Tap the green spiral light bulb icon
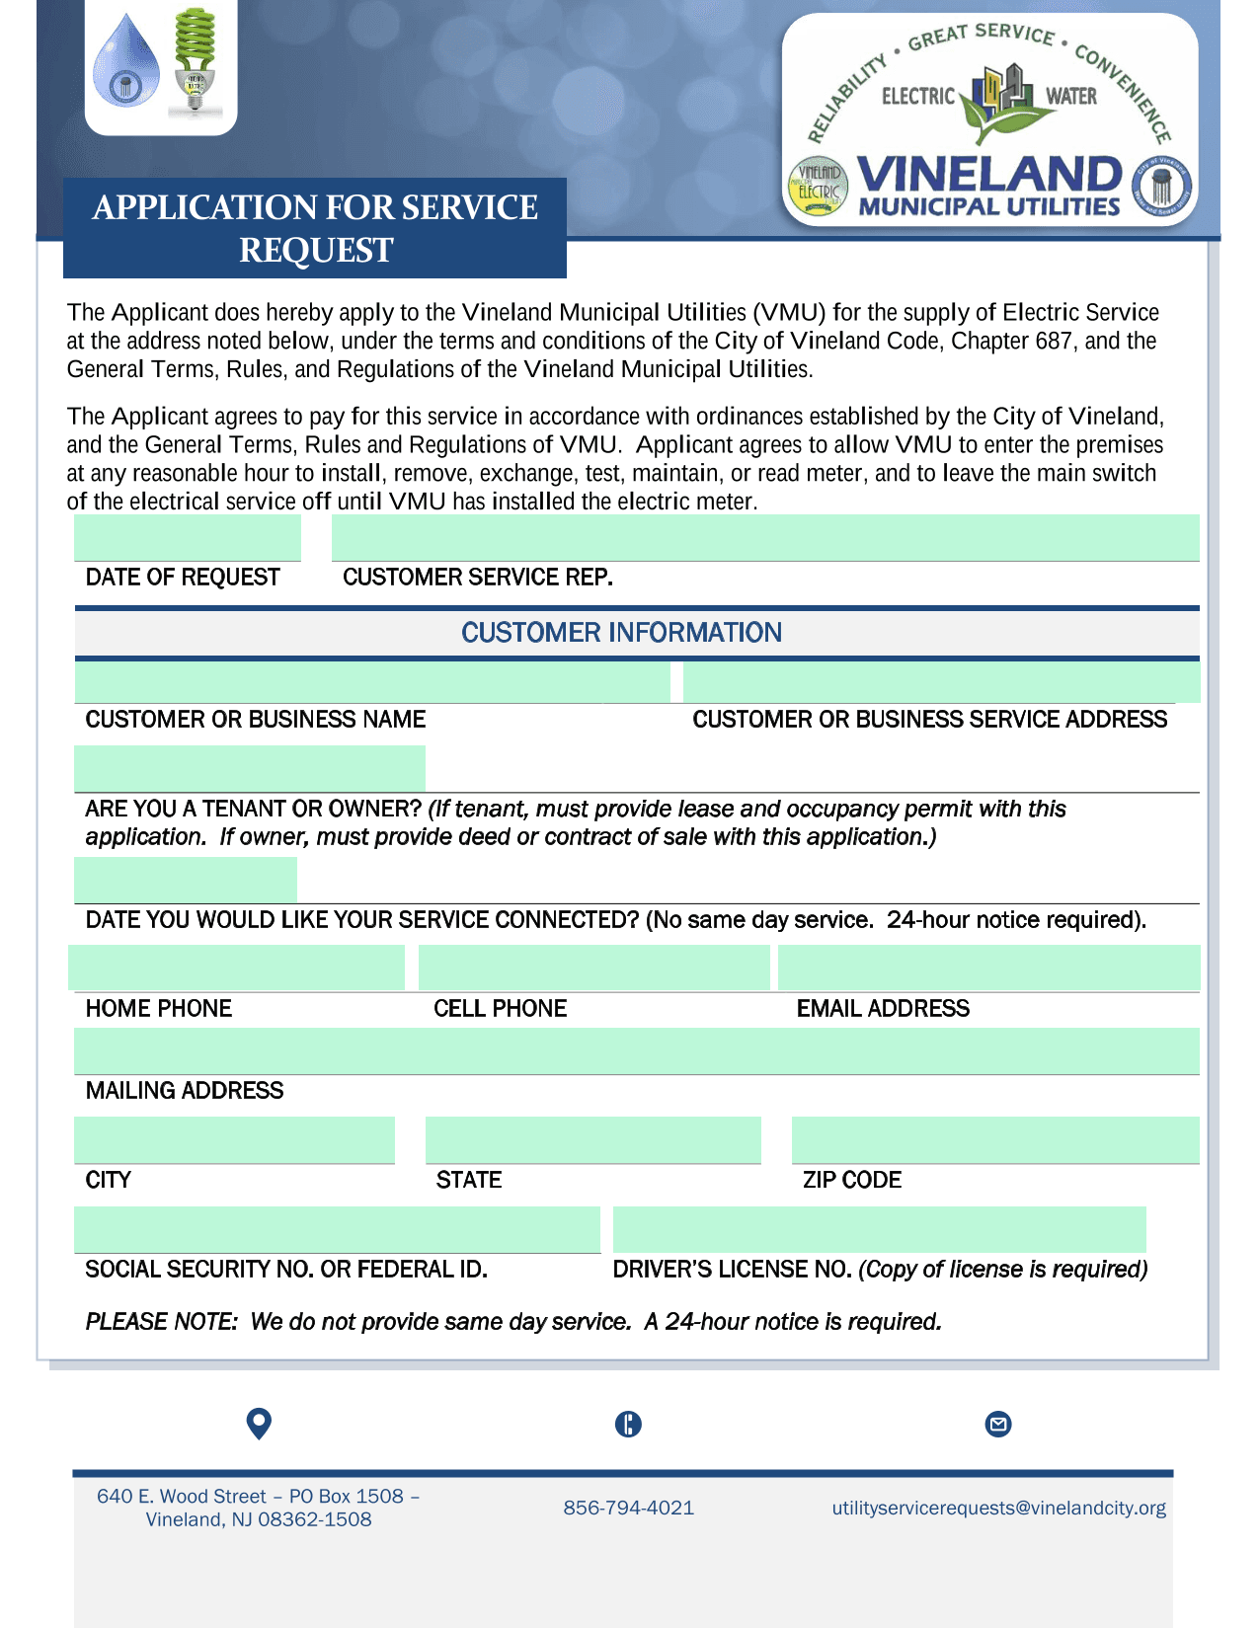pos(195,59)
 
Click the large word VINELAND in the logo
pos(988,175)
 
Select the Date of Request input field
pos(188,538)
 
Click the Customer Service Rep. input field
pos(765,538)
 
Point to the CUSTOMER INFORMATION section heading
pos(621,633)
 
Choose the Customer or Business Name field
pos(372,682)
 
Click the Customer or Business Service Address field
pos(941,682)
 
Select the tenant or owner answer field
pos(250,769)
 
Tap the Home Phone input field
pos(236,968)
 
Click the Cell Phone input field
pos(593,968)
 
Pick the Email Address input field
pos(988,968)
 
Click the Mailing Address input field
pos(637,1050)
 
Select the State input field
pos(592,1140)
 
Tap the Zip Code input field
pos(995,1140)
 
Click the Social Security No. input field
pos(337,1229)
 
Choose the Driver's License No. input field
pos(879,1229)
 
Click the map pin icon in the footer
pos(259,1424)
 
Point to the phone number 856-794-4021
pos(629,1508)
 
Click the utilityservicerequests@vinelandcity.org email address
pos(998,1508)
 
